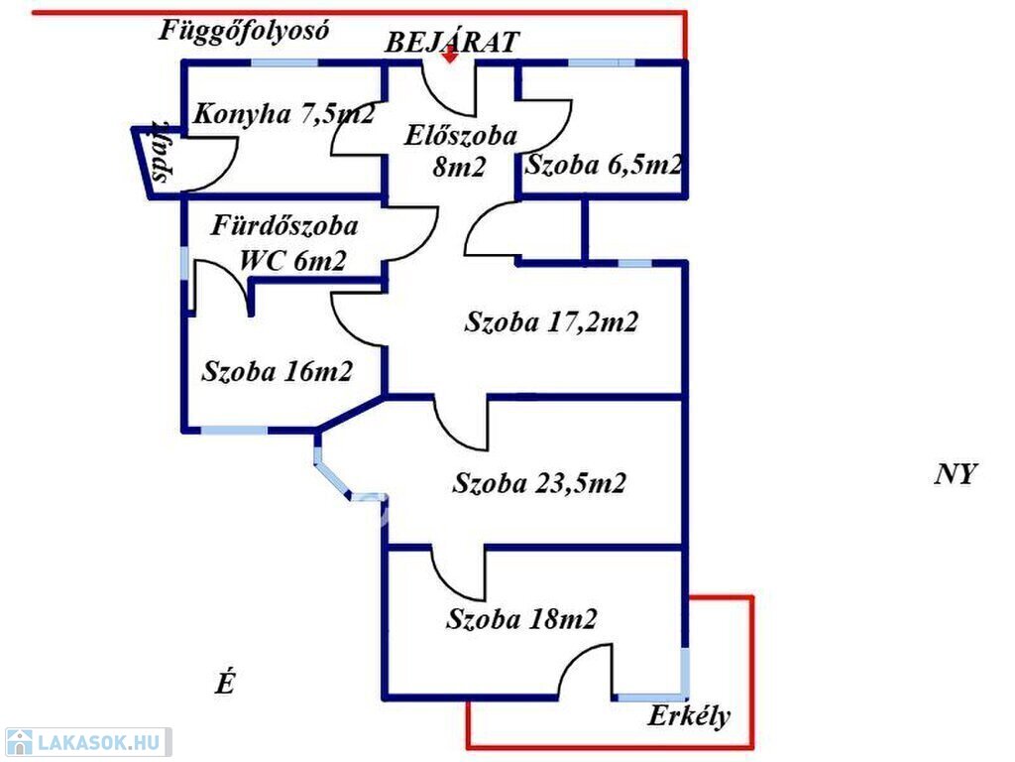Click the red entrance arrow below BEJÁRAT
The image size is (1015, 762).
[451, 56]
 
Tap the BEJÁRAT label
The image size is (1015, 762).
[452, 42]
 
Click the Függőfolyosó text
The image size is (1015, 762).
[244, 31]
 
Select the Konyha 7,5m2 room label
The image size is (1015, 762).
[284, 114]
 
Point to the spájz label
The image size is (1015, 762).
[162, 152]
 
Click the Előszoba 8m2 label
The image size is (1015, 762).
[460, 151]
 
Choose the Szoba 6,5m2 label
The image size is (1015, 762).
[604, 165]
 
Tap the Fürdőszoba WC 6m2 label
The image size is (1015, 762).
[284, 243]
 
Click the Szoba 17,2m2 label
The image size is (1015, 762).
[551, 321]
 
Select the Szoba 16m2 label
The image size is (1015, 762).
[278, 371]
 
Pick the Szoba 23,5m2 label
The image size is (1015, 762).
[539, 483]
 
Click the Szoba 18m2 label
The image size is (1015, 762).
[521, 619]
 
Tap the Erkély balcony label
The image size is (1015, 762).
[690, 716]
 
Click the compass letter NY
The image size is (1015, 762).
[956, 474]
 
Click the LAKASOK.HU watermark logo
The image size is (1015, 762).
[88, 742]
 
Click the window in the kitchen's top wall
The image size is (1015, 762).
[284, 63]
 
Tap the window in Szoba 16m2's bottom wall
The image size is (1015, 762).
[234, 430]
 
